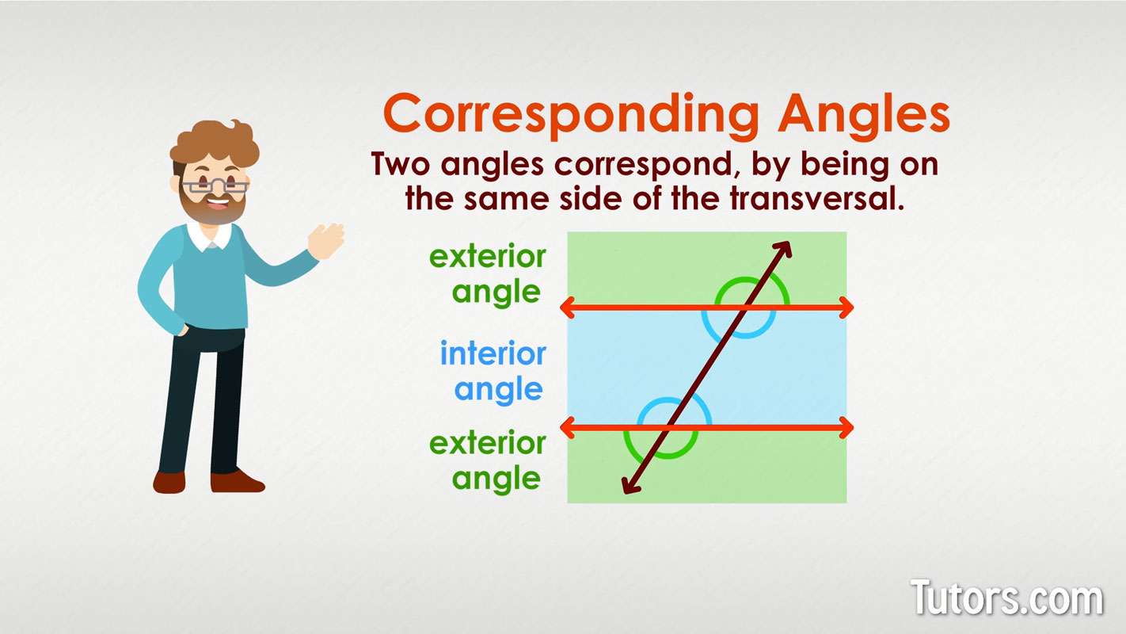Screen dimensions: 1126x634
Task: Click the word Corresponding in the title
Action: click(571, 115)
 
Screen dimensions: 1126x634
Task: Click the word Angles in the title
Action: click(864, 115)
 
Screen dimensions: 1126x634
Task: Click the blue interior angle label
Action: click(493, 372)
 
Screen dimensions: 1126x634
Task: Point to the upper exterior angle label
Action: click(488, 275)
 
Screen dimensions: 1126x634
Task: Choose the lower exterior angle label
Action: click(488, 461)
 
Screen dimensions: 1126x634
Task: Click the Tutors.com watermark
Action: click(1007, 598)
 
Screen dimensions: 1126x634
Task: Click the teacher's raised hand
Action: click(327, 241)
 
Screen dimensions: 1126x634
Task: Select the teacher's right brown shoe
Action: click(237, 482)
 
